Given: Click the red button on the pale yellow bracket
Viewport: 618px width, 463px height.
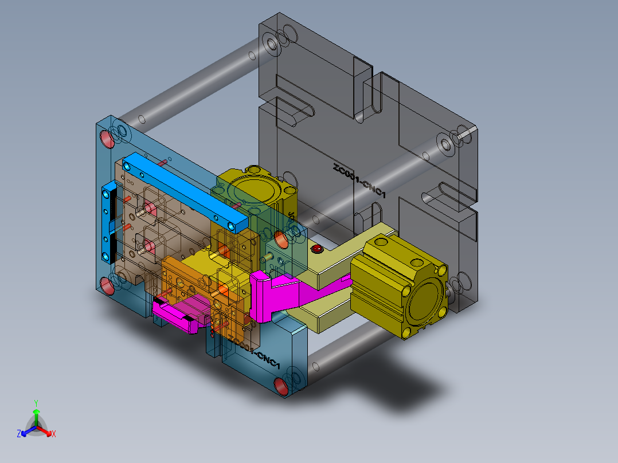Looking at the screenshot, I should coord(316,249).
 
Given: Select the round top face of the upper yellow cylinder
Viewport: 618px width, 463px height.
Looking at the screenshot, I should coord(252,189).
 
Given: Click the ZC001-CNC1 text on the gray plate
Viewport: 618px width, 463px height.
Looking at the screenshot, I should coord(359,181).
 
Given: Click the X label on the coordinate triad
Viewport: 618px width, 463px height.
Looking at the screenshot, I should coord(54,434).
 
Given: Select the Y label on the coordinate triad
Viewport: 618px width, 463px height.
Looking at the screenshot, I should coord(36,403).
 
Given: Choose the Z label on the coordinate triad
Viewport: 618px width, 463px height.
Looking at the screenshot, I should coord(19,434).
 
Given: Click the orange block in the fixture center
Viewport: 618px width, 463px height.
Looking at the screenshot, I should coord(189,281).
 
